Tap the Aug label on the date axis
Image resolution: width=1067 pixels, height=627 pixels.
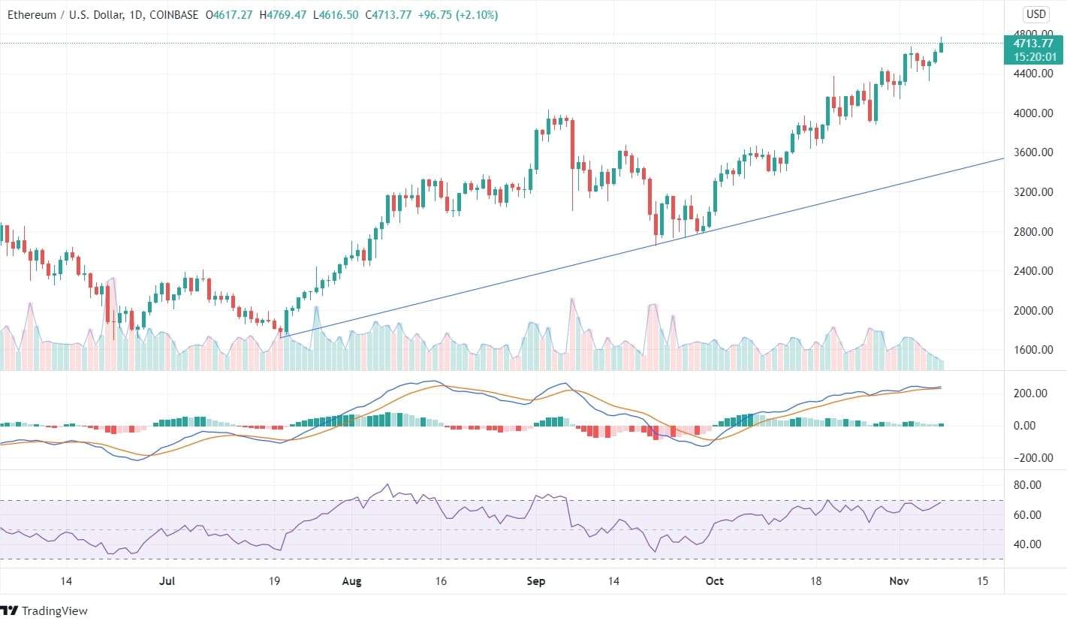351,581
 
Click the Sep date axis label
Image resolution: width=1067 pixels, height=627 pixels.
535,581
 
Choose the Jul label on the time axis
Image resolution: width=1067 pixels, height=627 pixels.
167,581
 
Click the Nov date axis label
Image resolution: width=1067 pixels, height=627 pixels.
900,581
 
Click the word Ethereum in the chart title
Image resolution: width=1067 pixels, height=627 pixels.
33,15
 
